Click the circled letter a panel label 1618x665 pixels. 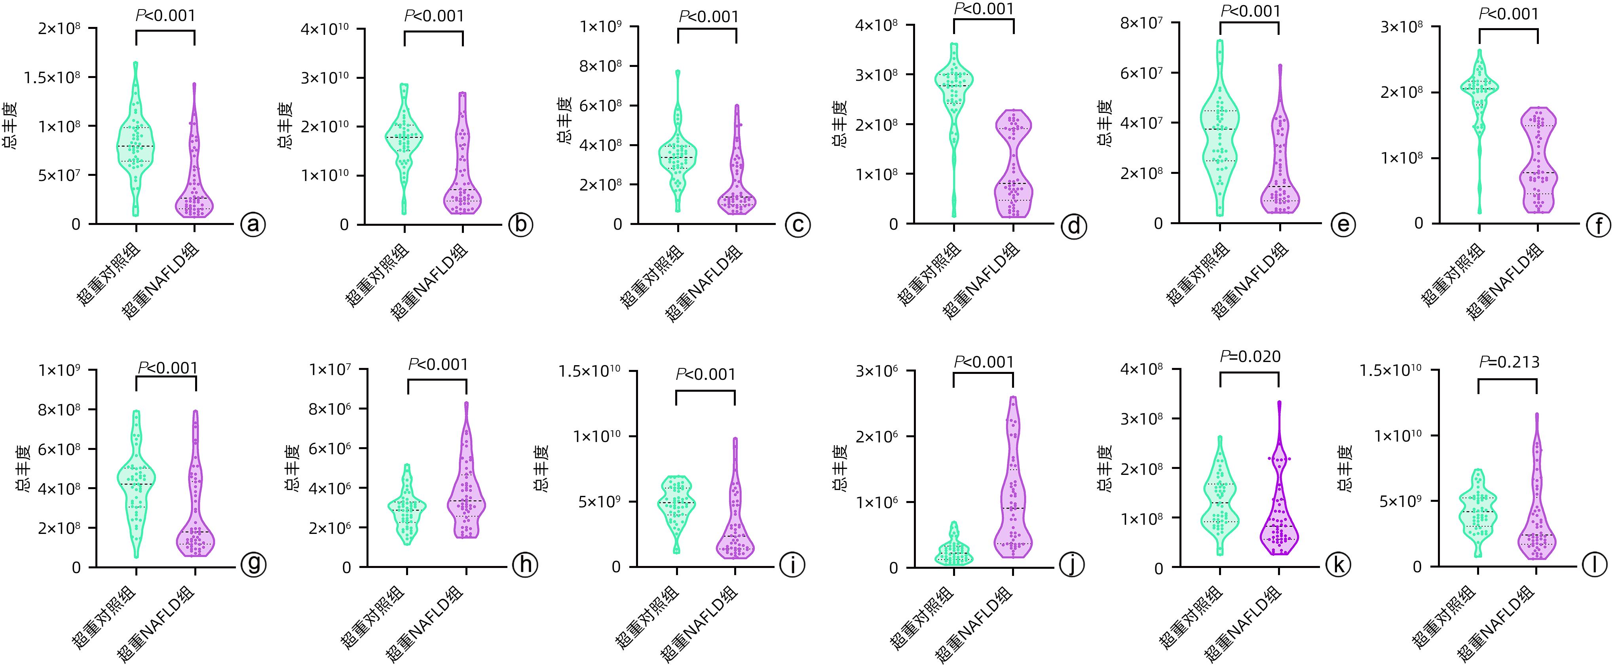(x=253, y=225)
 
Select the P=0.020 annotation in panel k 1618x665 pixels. (x=1250, y=357)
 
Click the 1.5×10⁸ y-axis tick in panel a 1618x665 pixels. (x=51, y=77)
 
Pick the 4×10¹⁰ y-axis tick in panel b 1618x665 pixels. (x=319, y=29)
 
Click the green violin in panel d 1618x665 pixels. (x=954, y=94)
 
